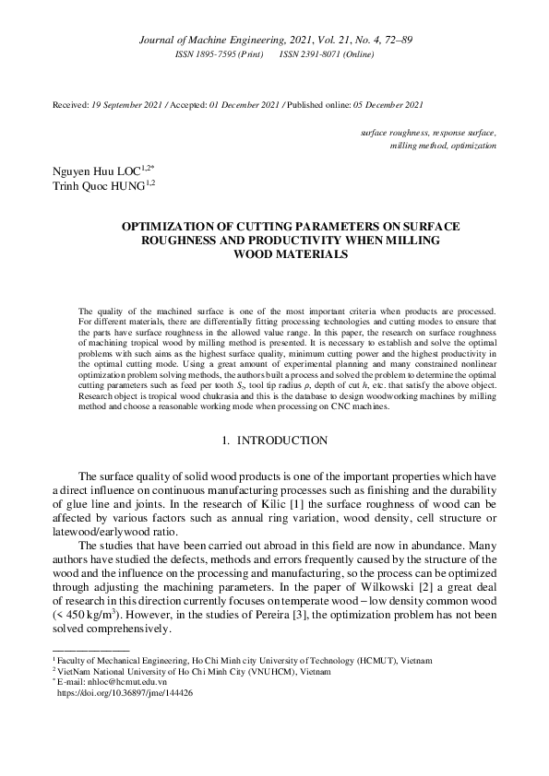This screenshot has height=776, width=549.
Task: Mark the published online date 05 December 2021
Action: point(377,107)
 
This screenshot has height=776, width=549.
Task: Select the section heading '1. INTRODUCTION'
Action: point(274,441)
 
